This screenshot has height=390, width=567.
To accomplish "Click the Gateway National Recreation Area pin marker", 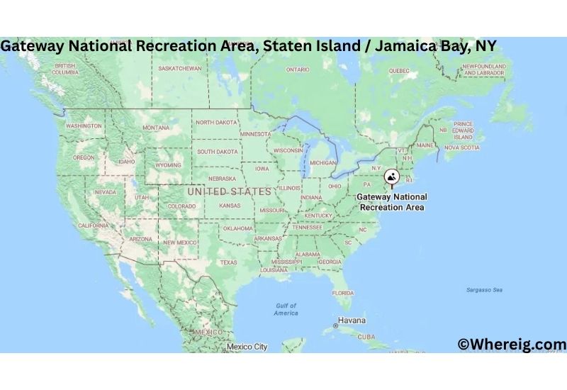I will pyautogui.click(x=391, y=177).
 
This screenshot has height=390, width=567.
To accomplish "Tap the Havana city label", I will pyautogui.click(x=352, y=320).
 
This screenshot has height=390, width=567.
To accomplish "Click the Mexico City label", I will pyautogui.click(x=247, y=347).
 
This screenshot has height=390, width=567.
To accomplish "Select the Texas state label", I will pyautogui.click(x=228, y=262).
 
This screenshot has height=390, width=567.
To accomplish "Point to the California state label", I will pyautogui.click(x=93, y=225).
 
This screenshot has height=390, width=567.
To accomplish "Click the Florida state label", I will pyautogui.click(x=343, y=293).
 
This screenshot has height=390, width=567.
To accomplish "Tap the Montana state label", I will pyautogui.click(x=156, y=128).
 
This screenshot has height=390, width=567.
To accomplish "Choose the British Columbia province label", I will pyautogui.click(x=65, y=69).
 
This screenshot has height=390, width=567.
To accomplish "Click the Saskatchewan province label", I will pyautogui.click(x=180, y=69).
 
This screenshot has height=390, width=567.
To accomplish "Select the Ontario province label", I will pyautogui.click(x=298, y=69).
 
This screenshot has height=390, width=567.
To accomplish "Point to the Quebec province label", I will pyautogui.click(x=399, y=71).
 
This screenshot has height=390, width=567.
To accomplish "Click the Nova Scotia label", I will pyautogui.click(x=461, y=147).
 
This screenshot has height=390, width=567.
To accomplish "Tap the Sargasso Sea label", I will pyautogui.click(x=484, y=290).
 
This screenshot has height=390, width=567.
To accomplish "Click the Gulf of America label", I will pyautogui.click(x=286, y=309).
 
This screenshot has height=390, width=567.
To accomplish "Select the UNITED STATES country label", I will pyautogui.click(x=229, y=191).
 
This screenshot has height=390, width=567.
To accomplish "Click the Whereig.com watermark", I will pyautogui.click(x=512, y=345).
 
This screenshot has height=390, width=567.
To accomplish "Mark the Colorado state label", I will pyautogui.click(x=181, y=206).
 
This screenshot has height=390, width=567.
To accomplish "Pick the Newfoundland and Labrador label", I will pyautogui.click(x=483, y=69).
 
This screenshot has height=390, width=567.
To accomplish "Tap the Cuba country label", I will pyautogui.click(x=366, y=337).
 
